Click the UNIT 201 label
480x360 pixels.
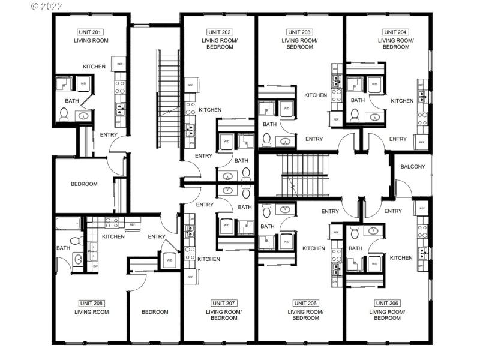pyautogui.click(x=89, y=31)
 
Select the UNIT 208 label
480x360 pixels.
pyautogui.click(x=91, y=303)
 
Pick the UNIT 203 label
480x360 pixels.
pyautogui.click(x=299, y=32)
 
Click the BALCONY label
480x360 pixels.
pyautogui.click(x=412, y=166)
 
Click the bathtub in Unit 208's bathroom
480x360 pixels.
pyautogui.click(x=67, y=224)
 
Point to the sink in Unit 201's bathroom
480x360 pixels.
pyautogui.click(x=83, y=116)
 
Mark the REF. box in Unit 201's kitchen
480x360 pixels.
pyautogui.click(x=121, y=64)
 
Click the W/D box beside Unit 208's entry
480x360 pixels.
pyautogui.click(x=169, y=260)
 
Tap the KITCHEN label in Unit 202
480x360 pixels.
pyautogui.click(x=210, y=110)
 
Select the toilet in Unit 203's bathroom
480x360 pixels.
pyautogui.click(x=266, y=140)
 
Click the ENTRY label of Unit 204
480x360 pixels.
pyautogui.click(x=398, y=139)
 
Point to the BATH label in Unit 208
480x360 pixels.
pyautogui.click(x=63, y=248)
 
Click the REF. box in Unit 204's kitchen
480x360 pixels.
pyautogui.click(x=422, y=143)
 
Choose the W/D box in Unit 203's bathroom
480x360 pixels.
pyautogui.click(x=286, y=109)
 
